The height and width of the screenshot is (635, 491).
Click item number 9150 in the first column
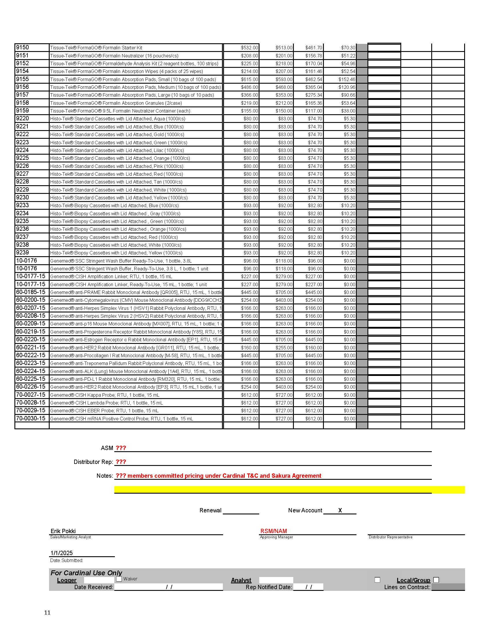pos(23,47)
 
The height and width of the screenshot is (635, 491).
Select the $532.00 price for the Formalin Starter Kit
pos(249,48)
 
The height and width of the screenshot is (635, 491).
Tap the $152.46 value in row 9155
pos(347,79)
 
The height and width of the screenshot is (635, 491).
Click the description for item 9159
pos(120,111)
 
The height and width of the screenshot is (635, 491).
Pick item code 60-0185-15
pos(31,292)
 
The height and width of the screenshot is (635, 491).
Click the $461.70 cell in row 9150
pos(313,48)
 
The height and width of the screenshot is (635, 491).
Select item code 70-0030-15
pos(31,418)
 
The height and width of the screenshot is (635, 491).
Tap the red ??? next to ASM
pos(121,448)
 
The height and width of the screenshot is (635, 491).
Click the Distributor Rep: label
pos(93,462)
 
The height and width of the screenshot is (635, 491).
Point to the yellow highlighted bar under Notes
pos(289,490)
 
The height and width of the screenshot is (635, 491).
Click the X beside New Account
pos(340,510)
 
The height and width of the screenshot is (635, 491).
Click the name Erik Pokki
pos(63,531)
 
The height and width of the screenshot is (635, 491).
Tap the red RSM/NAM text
pos(273,531)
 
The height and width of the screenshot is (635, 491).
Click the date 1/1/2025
pos(61,553)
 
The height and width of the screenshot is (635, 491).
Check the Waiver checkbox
pos(119,578)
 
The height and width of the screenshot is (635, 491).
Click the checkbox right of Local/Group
pos(436,580)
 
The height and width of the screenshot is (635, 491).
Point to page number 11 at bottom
pos(47,612)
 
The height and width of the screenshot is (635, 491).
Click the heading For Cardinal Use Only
pos(86,572)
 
